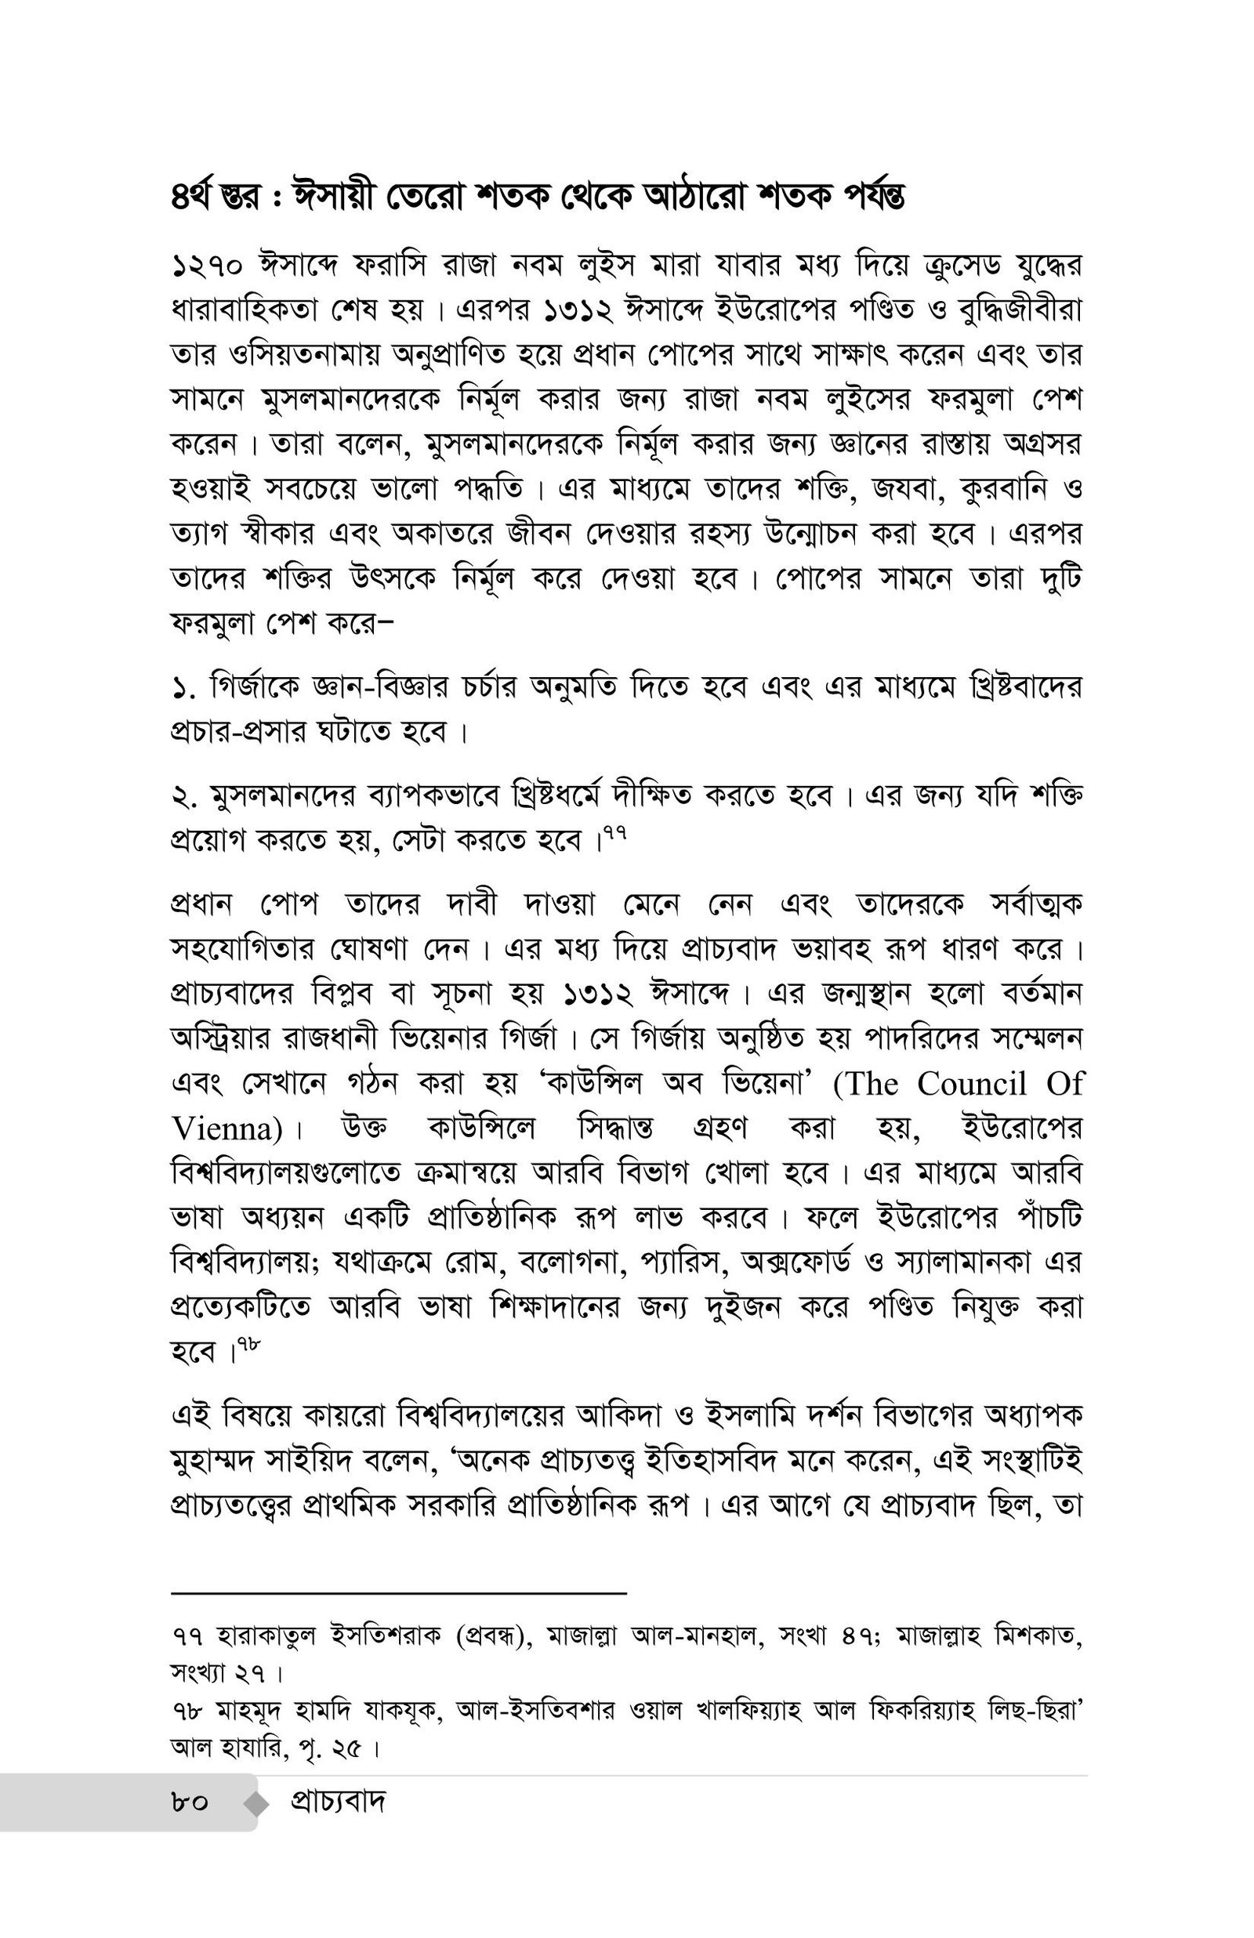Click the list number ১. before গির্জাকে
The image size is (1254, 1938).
point(184,690)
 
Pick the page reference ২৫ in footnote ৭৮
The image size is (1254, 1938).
point(344,1748)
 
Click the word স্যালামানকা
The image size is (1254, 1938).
point(962,1262)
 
